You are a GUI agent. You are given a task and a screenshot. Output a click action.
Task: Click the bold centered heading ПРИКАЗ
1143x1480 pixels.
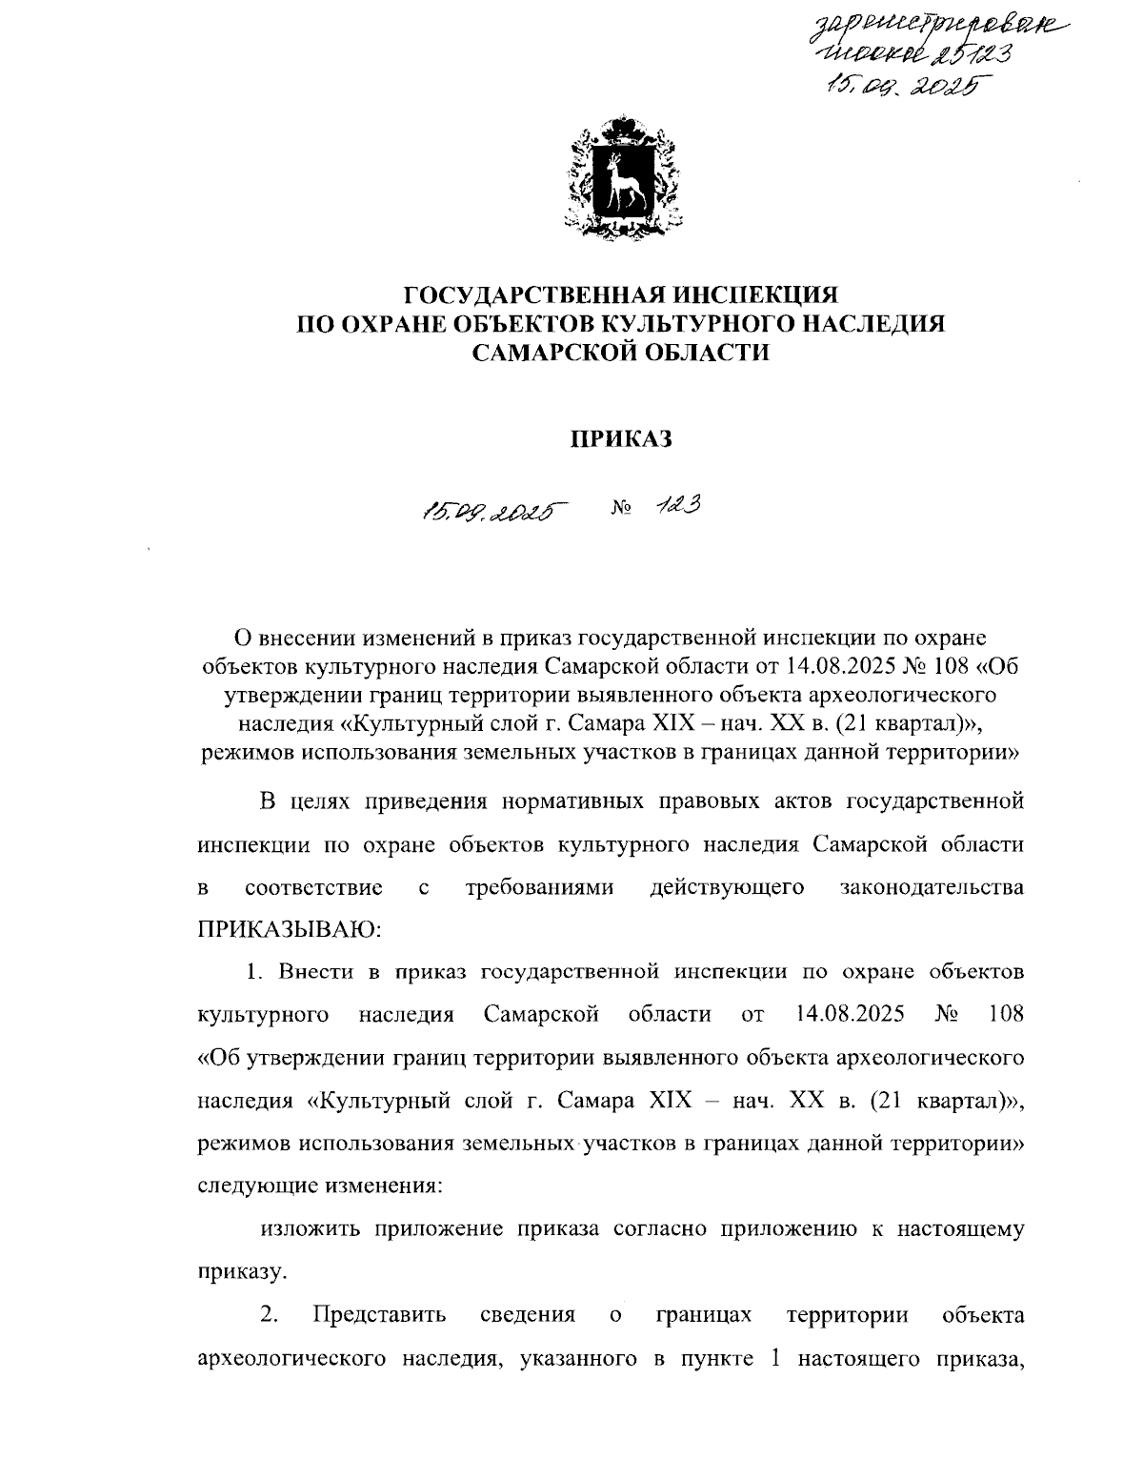pyautogui.click(x=621, y=438)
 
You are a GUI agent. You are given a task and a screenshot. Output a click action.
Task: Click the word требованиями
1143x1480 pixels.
pyautogui.click(x=538, y=888)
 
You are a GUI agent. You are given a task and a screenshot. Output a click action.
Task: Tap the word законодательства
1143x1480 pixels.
pyautogui.click(x=932, y=888)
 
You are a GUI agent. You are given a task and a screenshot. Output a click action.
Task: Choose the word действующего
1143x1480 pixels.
pyautogui.click(x=727, y=888)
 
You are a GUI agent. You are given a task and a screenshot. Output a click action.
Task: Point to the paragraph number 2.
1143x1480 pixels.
pyautogui.click(x=270, y=1315)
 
